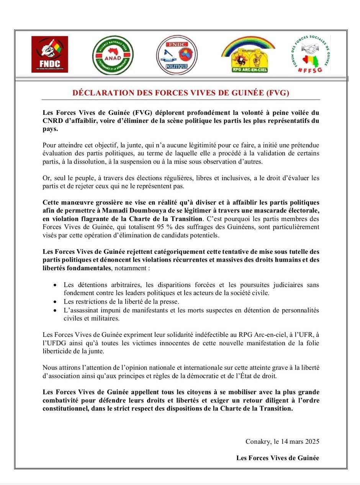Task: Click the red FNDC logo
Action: tap(49, 54)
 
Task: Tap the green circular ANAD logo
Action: tap(113, 55)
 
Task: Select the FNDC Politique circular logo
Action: tap(177, 55)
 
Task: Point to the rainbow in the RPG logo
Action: tap(248, 43)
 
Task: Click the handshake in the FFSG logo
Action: tap(309, 49)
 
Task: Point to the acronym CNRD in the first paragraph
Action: tap(52, 121)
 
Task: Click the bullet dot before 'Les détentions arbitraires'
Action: tap(56, 285)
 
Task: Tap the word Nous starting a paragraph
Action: tap(50, 368)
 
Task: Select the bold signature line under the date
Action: tap(278, 458)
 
